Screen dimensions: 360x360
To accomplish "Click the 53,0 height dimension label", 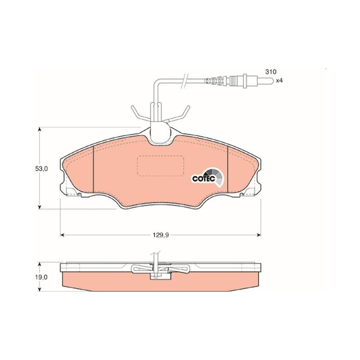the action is coord(41,169).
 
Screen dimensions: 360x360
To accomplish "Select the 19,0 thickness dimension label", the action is coord(41,277).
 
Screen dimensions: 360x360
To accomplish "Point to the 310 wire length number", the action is coord(271,72).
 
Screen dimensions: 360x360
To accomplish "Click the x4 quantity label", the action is coord(279,81).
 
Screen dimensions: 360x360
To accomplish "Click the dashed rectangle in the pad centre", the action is coord(160,166).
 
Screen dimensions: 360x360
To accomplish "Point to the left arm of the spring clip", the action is coord(140,114).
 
